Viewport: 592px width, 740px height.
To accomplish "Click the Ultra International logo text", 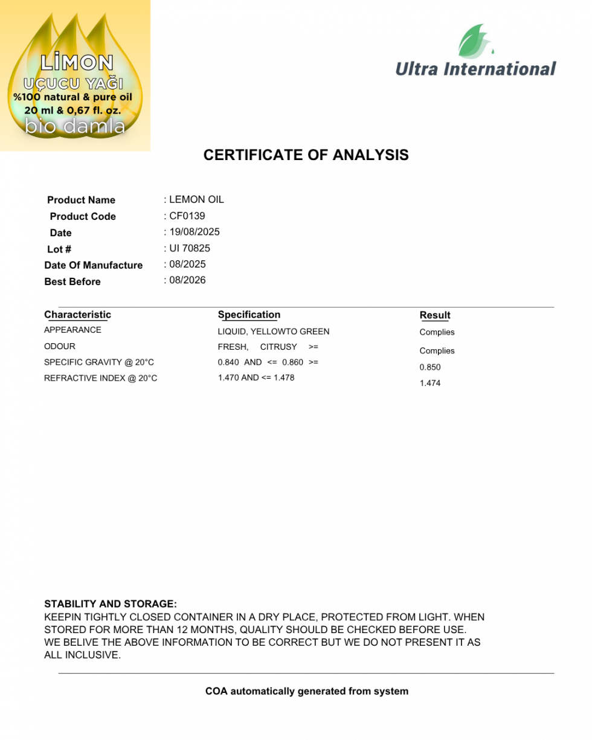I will point(475,69).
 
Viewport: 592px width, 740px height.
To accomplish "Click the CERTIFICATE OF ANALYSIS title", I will point(306,155).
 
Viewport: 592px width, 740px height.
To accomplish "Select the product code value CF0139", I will point(187,216).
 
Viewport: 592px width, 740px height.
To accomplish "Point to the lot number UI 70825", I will point(190,248).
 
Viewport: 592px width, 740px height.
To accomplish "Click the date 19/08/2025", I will point(195,232).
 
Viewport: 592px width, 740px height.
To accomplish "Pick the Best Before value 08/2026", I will point(187,280).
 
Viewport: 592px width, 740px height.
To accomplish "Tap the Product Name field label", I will point(81,200).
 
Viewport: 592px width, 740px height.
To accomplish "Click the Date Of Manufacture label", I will point(94,265).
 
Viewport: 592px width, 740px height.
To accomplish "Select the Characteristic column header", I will point(77,315).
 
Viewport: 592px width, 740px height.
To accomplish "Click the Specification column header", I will point(249,315).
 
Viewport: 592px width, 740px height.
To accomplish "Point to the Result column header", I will point(435,315).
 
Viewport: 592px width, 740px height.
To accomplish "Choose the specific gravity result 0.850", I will point(430,367).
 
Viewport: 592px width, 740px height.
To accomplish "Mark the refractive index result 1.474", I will point(430,384).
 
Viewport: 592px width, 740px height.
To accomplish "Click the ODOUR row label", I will point(60,347).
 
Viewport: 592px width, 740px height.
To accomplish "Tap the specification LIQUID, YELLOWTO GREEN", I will point(274,332).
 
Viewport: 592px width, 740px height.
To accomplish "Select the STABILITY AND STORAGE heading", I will point(111,604).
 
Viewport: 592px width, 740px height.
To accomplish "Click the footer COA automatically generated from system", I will point(307,691).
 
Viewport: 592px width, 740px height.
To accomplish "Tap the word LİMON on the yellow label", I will point(77,63).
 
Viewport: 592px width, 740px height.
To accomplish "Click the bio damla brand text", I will point(76,126).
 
